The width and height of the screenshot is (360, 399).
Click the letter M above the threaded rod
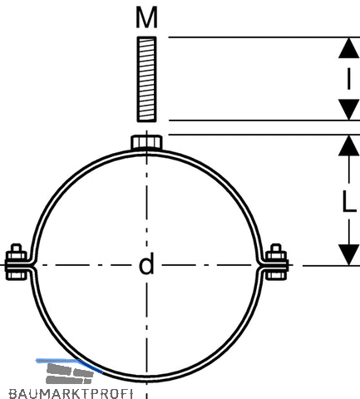(x=146, y=17)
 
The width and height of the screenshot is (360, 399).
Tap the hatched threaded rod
(x=146, y=79)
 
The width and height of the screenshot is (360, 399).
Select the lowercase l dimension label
(x=348, y=79)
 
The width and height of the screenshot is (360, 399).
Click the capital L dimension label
(x=349, y=202)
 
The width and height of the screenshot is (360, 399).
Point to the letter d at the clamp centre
(x=146, y=264)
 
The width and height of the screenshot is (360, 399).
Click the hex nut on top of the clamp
(x=146, y=142)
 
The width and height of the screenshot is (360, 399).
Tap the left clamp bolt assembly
(x=17, y=262)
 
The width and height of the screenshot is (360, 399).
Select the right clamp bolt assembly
(x=277, y=262)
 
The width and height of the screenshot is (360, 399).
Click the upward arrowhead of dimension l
(x=348, y=47)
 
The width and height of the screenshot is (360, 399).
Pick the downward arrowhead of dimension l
(x=348, y=110)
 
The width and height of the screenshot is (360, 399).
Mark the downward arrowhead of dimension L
(x=348, y=254)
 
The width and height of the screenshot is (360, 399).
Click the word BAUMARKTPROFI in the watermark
(x=71, y=394)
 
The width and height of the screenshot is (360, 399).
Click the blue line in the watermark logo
(x=69, y=364)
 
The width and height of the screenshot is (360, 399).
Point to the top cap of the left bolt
(x=16, y=248)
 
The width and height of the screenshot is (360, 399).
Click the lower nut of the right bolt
(x=276, y=276)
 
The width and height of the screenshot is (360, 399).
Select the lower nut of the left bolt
(x=17, y=276)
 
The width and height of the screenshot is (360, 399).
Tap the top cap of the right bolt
(x=276, y=248)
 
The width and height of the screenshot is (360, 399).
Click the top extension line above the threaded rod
(x=264, y=37)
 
